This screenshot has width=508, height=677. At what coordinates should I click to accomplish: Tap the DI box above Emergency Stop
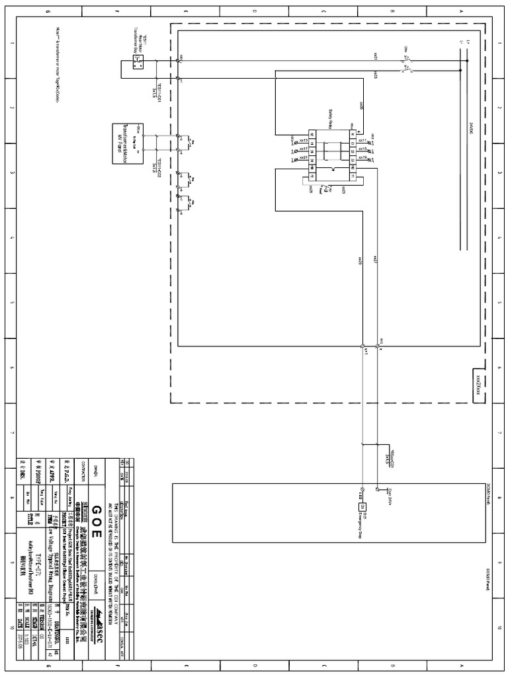coord(362,506)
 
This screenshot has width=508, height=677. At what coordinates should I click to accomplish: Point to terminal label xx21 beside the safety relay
coord(303,158)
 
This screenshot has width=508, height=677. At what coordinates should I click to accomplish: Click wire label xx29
coord(360,260)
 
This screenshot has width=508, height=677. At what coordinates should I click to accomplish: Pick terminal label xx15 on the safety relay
coord(362,149)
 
